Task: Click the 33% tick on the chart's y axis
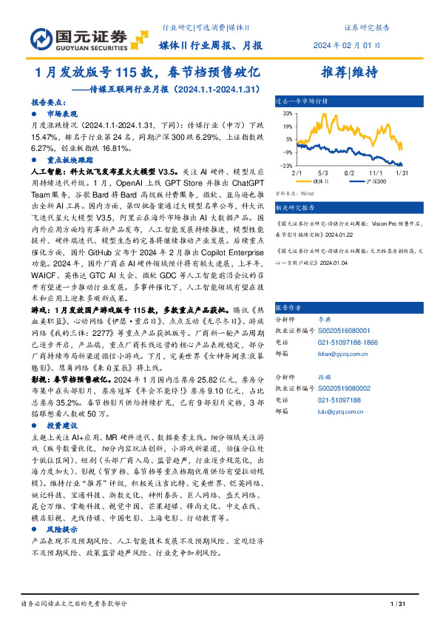(288, 115)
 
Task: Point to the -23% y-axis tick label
(287, 166)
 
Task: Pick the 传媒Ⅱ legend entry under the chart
(320, 181)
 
